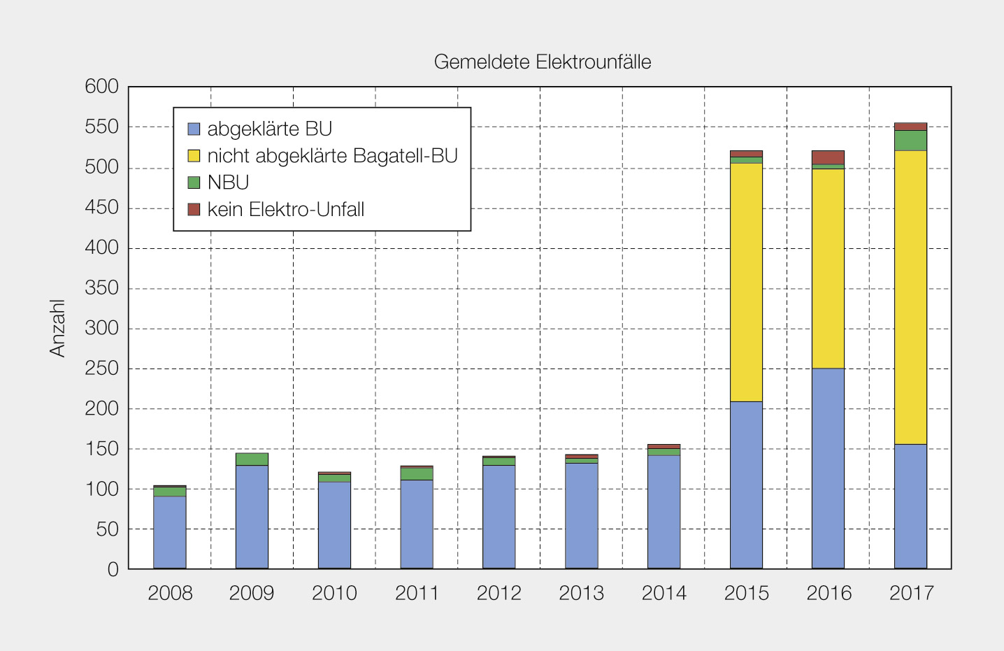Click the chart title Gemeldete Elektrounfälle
(x=542, y=62)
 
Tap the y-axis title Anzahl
(x=57, y=328)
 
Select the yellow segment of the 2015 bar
(x=746, y=282)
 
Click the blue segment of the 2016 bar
(x=828, y=468)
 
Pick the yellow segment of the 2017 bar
(x=910, y=297)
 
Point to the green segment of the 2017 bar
(x=910, y=141)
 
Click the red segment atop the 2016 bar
(x=828, y=157)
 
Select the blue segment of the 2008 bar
(x=170, y=531)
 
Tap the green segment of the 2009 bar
(x=252, y=459)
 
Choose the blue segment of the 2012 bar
(x=499, y=516)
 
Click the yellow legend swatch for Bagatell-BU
(x=194, y=156)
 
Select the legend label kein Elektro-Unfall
(x=285, y=210)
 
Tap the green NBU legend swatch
(x=194, y=183)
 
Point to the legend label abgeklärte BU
(x=269, y=129)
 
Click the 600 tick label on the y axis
(x=102, y=87)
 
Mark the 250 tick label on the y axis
(x=102, y=369)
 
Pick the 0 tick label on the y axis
(x=113, y=569)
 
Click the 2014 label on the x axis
(x=664, y=593)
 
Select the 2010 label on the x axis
(x=334, y=593)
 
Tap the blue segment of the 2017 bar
(x=910, y=506)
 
